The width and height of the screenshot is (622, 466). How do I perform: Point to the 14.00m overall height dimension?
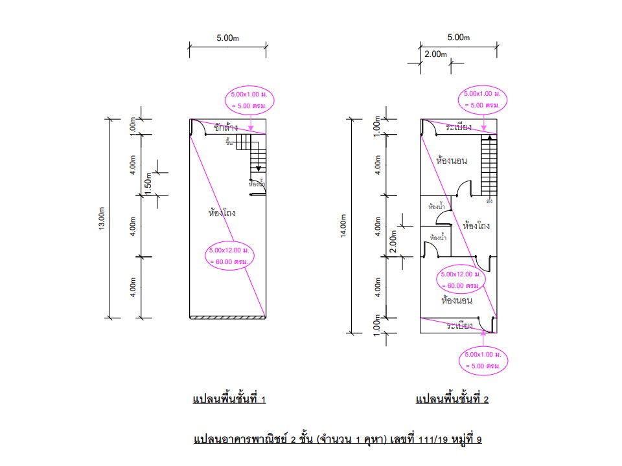344,226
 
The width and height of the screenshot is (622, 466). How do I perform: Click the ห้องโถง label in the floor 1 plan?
222,212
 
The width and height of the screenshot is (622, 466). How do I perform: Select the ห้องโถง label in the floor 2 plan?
476,226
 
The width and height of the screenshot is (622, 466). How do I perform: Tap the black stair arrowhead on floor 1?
259,165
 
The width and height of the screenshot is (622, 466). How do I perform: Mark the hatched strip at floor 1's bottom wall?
228,316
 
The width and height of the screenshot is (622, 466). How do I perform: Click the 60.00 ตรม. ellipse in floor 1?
230,256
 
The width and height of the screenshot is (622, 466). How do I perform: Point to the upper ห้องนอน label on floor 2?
452,161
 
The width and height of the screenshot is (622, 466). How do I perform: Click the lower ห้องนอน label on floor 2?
456,300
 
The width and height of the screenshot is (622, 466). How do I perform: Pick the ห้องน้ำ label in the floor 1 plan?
257,184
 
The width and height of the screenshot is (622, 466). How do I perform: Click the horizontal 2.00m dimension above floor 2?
435,54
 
